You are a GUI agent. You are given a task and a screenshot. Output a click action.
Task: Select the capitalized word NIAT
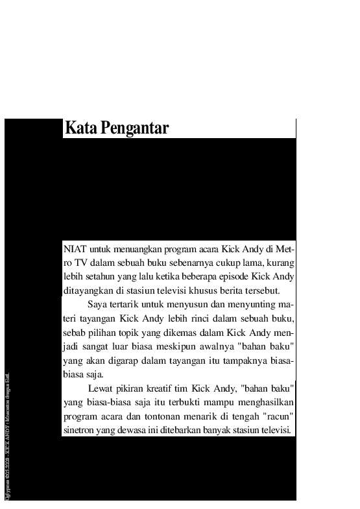(75, 248)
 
